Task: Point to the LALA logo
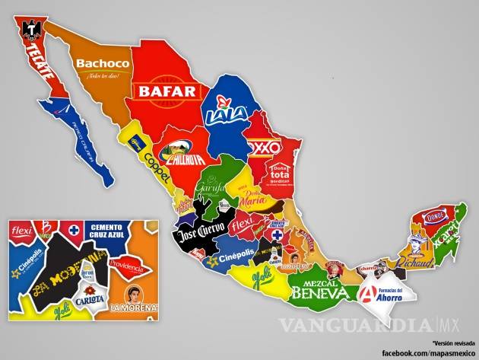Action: [224, 111]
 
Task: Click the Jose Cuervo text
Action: [201, 231]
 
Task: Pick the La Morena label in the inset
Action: [135, 308]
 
